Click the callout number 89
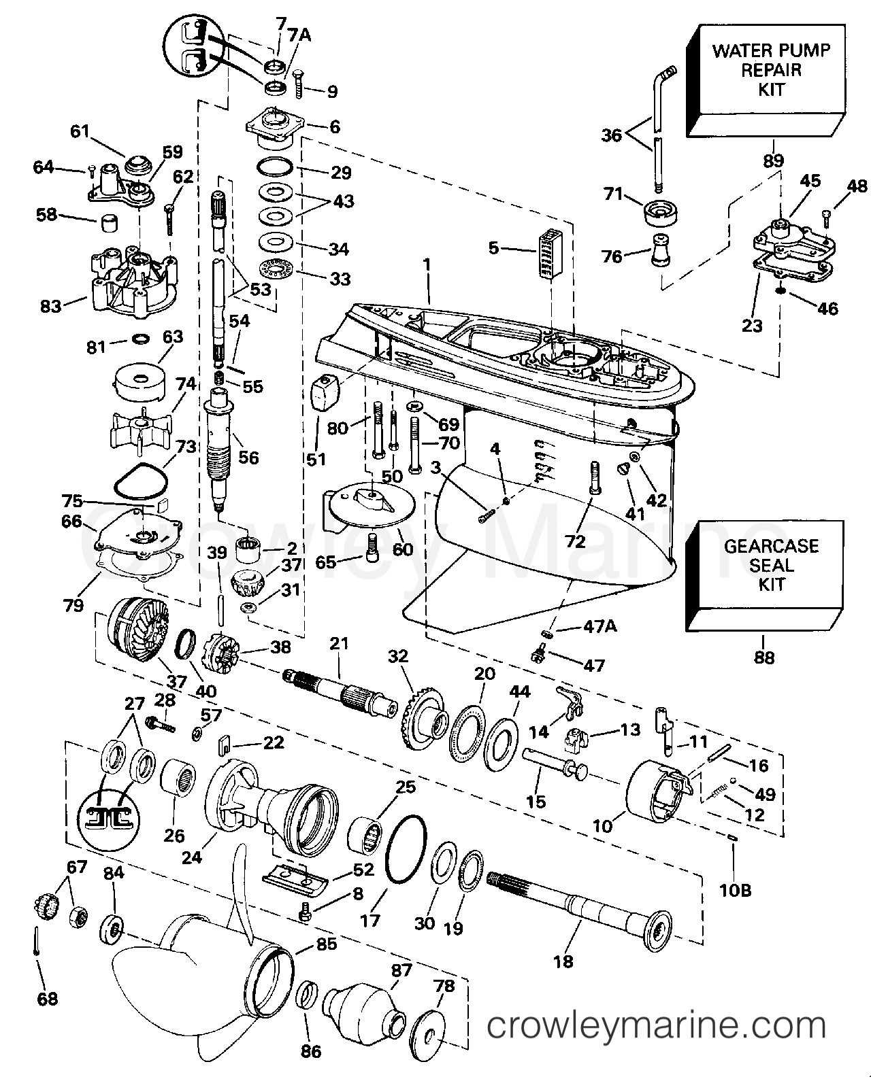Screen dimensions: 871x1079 click(773, 160)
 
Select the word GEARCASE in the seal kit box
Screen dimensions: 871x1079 click(771, 546)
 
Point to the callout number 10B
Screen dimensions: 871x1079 click(736, 891)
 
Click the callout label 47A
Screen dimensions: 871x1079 click(600, 627)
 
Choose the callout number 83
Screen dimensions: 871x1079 click(51, 306)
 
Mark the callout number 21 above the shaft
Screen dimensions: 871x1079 click(339, 643)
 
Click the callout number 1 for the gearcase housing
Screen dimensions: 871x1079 click(427, 264)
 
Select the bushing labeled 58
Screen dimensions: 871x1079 click(110, 223)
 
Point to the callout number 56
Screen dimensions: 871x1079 click(248, 458)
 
